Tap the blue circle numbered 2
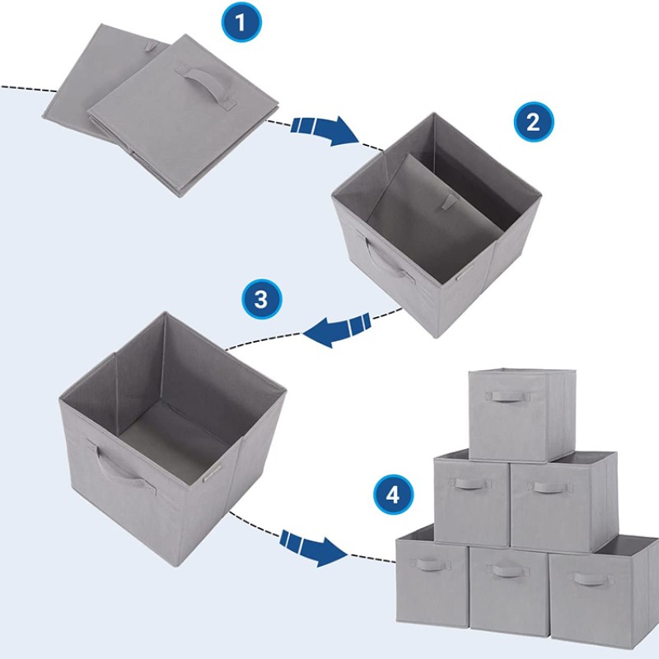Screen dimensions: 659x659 pyautogui.click(x=534, y=123)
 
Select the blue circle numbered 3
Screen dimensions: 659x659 pyautogui.click(x=260, y=299)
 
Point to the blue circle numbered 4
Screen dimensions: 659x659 pyautogui.click(x=393, y=495)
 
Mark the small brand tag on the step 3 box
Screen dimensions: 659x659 pyautogui.click(x=209, y=474)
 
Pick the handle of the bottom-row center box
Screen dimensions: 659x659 pyautogui.click(x=508, y=571)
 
